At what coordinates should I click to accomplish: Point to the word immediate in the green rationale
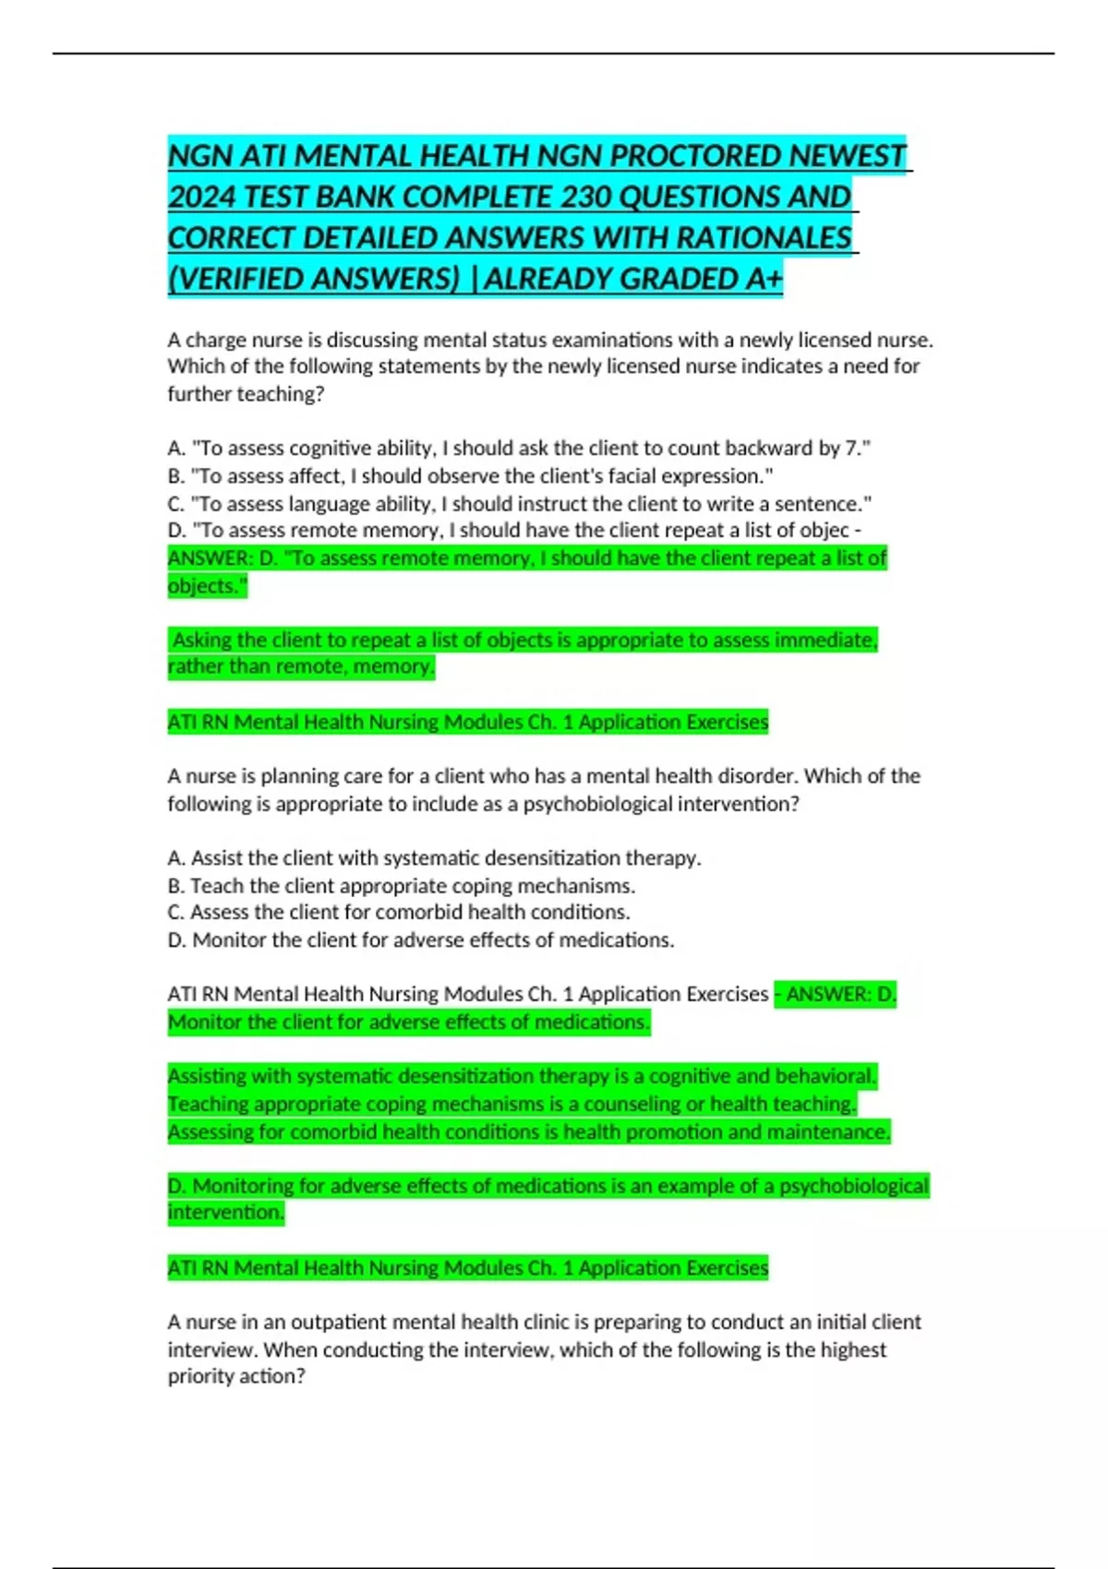(x=825, y=640)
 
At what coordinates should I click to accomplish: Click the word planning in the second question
(x=298, y=776)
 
